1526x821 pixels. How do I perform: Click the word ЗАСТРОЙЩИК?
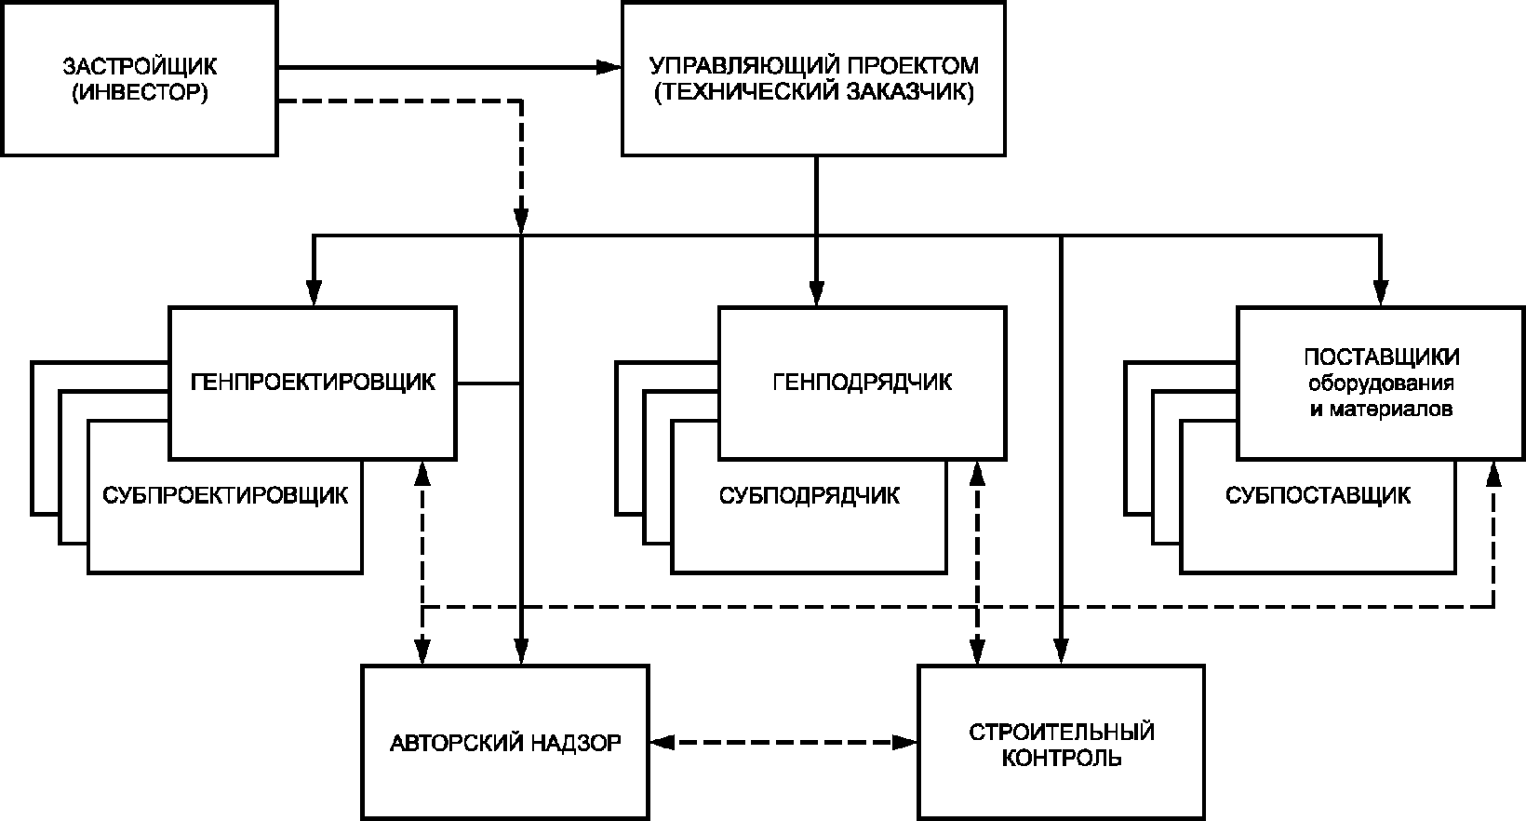(140, 67)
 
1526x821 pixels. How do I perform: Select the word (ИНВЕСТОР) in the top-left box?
(140, 93)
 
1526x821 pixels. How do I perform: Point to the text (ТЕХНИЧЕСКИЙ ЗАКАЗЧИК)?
(814, 93)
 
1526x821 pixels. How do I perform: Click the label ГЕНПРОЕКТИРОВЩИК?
(313, 383)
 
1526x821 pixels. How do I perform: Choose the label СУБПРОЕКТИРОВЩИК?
(225, 495)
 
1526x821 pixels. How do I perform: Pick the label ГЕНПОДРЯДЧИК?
(862, 383)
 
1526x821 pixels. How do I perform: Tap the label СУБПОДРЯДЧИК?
(809, 495)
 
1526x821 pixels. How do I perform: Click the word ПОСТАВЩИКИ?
(1381, 358)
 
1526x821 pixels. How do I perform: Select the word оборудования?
(1381, 384)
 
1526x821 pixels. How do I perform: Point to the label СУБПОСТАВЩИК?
(1318, 495)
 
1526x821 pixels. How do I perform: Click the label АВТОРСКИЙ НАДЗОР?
(504, 743)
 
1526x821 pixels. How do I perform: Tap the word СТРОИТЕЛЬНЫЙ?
(1061, 731)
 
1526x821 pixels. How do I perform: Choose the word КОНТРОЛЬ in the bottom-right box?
(1061, 758)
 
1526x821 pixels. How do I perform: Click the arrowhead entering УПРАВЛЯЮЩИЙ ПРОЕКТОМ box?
(610, 67)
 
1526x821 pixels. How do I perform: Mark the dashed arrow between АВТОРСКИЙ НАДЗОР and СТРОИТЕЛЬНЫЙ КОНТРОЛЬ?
(783, 742)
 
